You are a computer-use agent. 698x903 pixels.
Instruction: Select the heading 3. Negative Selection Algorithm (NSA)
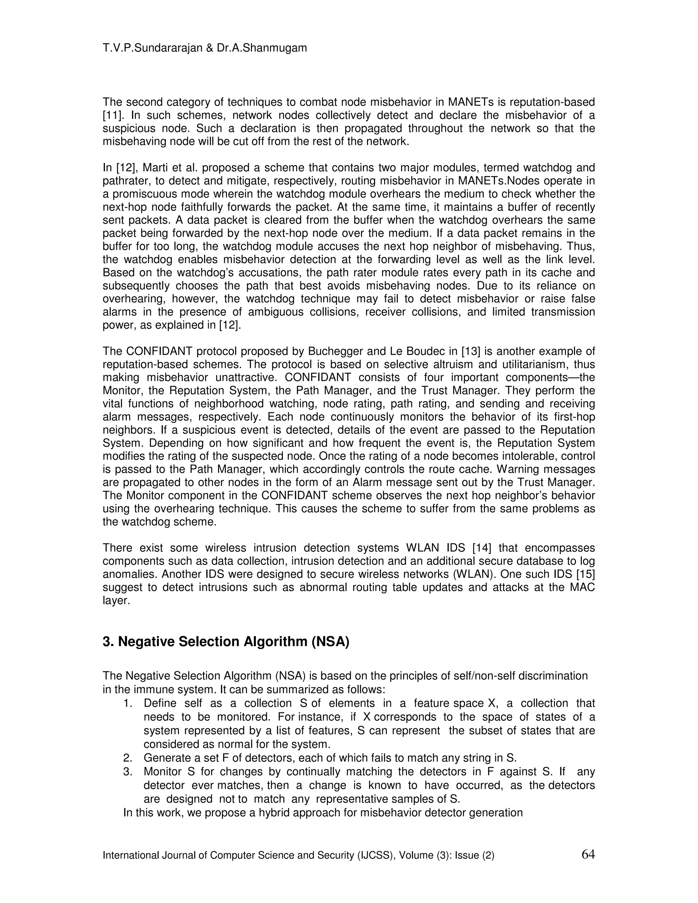(x=226, y=642)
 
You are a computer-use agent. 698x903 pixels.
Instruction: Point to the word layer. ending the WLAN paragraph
(x=116, y=601)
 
